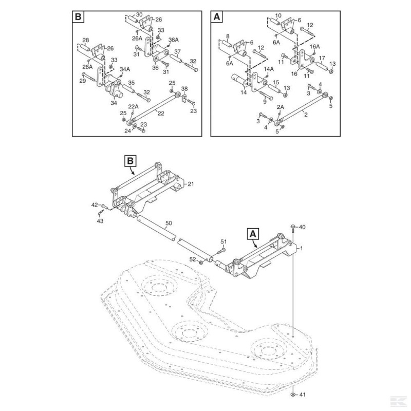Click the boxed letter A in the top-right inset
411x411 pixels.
[x=217, y=17]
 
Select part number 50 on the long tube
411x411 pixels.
[x=169, y=224]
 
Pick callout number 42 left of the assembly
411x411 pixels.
[x=95, y=205]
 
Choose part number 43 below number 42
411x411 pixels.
[x=100, y=220]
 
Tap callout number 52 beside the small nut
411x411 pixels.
[x=193, y=259]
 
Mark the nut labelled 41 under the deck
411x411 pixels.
[x=292, y=394]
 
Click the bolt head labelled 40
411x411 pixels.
[x=292, y=227]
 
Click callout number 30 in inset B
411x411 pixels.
[x=140, y=14]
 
